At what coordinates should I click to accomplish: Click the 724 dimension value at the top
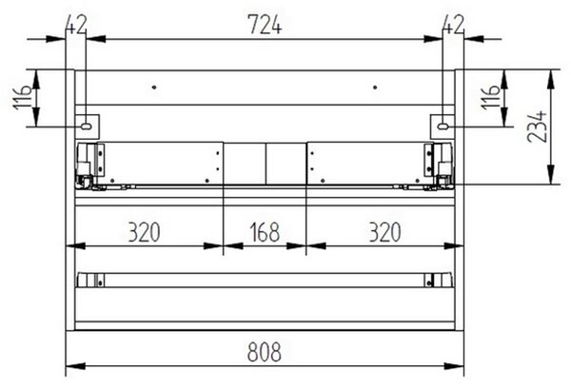point(265,25)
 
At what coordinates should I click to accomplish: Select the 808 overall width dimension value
point(265,352)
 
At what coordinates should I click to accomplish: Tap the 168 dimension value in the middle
point(265,232)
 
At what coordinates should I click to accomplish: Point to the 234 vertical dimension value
point(537,126)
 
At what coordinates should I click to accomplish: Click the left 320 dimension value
point(145,232)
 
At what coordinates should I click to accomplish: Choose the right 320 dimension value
point(384,232)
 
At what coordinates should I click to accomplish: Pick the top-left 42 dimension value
point(76,25)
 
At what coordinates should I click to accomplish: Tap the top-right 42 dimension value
point(453,25)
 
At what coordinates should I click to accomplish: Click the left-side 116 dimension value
point(23,98)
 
